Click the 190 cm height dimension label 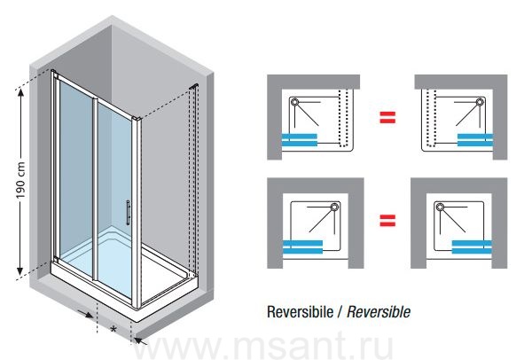[21, 180]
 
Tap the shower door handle [128, 213]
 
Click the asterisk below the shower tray [113, 330]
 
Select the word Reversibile [300, 312]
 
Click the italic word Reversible [379, 312]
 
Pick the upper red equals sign [387, 117]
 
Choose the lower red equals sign [387, 220]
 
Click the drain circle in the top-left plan [294, 102]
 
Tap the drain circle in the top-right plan [481, 102]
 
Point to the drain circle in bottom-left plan [334, 207]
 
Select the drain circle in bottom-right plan [440, 207]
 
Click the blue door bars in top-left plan [300, 140]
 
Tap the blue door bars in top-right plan [475, 140]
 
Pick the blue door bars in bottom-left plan [302, 247]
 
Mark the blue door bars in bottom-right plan [472, 247]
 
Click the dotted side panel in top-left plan [343, 118]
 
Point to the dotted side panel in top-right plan [431, 118]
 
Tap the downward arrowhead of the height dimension [20, 271]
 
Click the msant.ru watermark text [263, 347]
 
